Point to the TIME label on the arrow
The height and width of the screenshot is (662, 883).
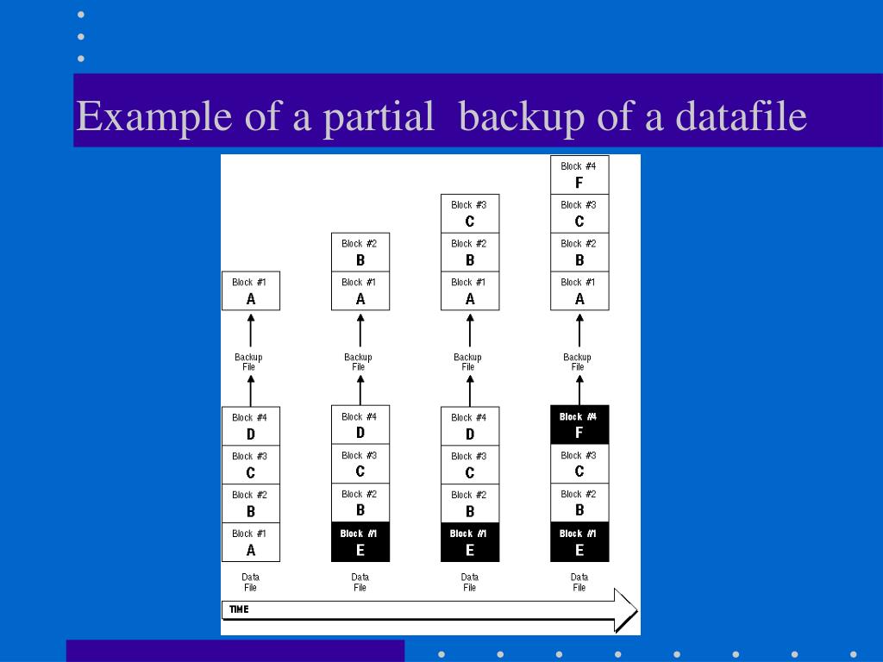pyautogui.click(x=240, y=609)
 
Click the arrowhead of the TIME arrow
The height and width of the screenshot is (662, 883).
pyautogui.click(x=625, y=610)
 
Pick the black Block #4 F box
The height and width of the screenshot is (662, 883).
pyautogui.click(x=579, y=425)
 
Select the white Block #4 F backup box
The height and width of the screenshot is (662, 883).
pyautogui.click(x=579, y=174)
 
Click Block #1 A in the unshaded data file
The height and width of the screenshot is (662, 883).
pyautogui.click(x=251, y=542)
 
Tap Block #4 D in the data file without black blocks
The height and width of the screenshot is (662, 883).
pyautogui.click(x=251, y=426)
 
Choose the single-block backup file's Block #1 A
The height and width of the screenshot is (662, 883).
pyautogui.click(x=251, y=291)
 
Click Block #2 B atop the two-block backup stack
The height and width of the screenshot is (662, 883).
pyautogui.click(x=360, y=252)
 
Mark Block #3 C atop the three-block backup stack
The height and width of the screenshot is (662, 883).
pyautogui.click(x=470, y=213)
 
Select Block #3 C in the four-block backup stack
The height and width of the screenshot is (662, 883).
pyautogui.click(x=579, y=213)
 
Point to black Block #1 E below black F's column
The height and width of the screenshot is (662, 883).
pyautogui.click(x=579, y=542)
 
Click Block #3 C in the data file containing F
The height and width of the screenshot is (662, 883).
pyautogui.click(x=579, y=464)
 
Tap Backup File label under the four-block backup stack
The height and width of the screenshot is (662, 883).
pyautogui.click(x=578, y=362)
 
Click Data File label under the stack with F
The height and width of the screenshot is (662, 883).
pyautogui.click(x=579, y=582)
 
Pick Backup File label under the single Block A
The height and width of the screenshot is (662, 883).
pyautogui.click(x=248, y=362)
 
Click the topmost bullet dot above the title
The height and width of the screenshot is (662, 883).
pyautogui.click(x=81, y=15)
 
